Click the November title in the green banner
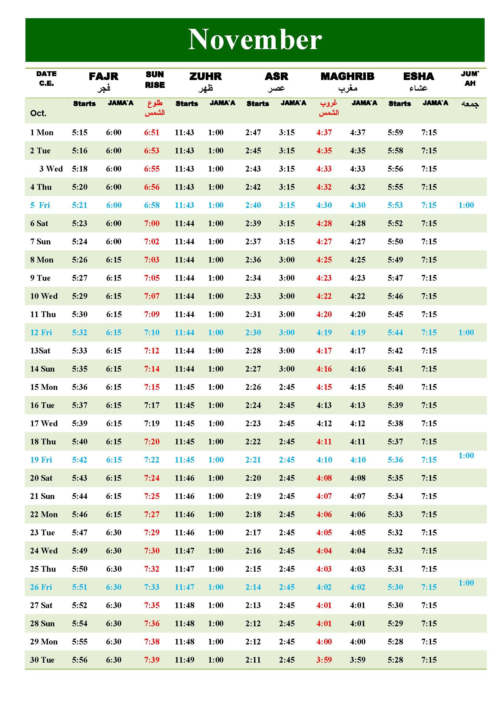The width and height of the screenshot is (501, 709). point(255,39)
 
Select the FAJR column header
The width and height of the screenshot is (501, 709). point(103,76)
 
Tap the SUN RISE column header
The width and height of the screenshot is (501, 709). point(154,79)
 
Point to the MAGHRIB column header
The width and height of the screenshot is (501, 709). point(347,76)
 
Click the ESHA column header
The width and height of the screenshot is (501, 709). point(418,76)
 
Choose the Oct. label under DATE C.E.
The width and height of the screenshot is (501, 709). point(38,113)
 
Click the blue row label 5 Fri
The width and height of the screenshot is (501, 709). point(40,205)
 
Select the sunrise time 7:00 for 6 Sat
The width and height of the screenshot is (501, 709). point(152,223)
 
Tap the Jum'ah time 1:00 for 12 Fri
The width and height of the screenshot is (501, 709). point(466,332)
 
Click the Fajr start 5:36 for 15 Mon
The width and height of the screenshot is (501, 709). point(80,387)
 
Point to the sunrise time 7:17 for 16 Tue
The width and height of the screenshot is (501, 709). point(152,405)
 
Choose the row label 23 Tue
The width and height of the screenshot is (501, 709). point(42,532)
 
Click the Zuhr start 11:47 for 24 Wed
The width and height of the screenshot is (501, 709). point(184,550)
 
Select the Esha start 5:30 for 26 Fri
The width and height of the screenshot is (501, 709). point(395,587)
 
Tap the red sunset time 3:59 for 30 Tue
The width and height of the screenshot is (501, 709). point(324,660)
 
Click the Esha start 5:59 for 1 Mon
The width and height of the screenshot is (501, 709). point(395,132)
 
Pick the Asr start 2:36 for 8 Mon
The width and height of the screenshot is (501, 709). point(253,260)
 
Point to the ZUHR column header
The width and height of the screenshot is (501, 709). point(205,76)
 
